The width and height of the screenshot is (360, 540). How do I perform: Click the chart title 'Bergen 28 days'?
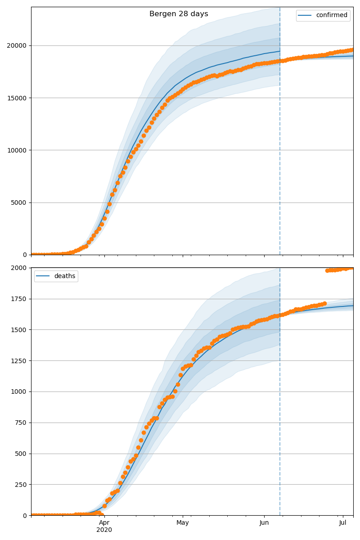pos(179,14)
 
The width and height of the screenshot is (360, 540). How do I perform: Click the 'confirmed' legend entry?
pos(331,15)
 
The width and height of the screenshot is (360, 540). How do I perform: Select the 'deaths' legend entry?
pos(64,276)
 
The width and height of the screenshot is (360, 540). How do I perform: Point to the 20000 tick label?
pos(19,46)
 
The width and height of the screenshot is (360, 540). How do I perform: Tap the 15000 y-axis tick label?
pos(19,98)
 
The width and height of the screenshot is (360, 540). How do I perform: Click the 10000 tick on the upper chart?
pos(19,150)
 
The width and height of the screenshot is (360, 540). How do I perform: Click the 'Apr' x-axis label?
pos(104,522)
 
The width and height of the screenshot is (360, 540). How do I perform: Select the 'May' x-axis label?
pos(183,522)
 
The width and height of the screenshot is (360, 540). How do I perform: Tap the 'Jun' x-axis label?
pos(264,522)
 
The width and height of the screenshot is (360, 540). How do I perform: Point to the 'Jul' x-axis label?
pos(343,522)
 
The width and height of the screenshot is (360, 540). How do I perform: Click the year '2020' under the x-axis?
pos(104,530)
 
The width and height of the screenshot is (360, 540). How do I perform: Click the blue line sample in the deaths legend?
pos(43,276)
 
